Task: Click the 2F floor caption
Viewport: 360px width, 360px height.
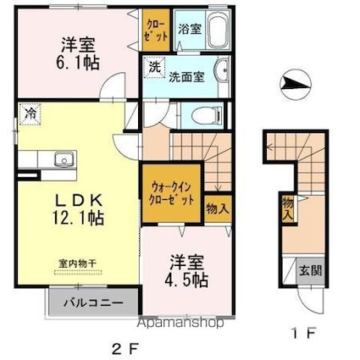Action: pos(125,347)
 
